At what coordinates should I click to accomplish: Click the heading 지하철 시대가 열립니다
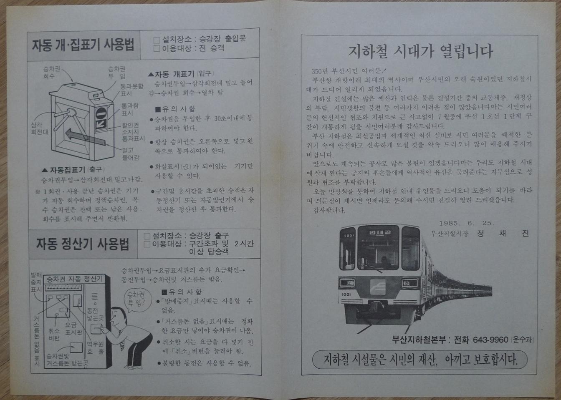click(x=420, y=51)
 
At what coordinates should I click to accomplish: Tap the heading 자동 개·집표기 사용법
click(x=83, y=45)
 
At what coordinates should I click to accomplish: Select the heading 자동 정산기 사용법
click(x=83, y=244)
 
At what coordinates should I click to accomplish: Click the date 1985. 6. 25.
click(x=466, y=223)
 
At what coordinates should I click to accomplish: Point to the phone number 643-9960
click(x=490, y=340)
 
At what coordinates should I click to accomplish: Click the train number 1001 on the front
click(x=346, y=294)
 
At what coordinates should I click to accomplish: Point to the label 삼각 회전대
click(x=39, y=128)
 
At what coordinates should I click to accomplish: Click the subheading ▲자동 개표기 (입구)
click(x=179, y=74)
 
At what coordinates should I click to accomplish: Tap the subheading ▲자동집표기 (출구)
click(x=73, y=170)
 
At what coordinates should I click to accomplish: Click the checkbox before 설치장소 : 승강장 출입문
click(x=157, y=40)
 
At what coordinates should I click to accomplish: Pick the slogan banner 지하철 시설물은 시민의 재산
click(x=420, y=359)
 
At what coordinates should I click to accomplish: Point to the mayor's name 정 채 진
click(x=503, y=233)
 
